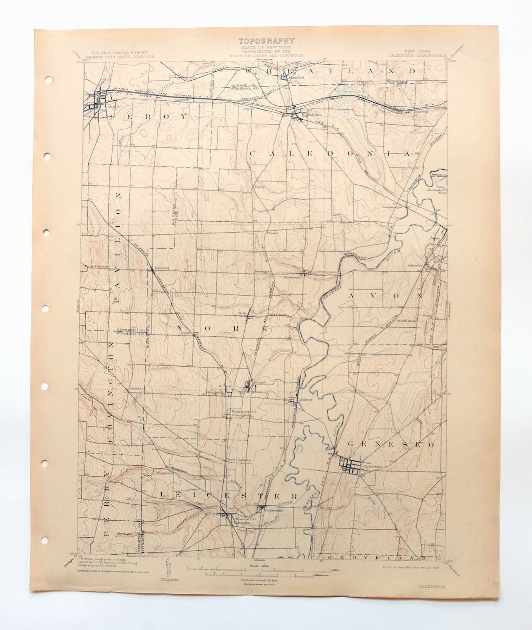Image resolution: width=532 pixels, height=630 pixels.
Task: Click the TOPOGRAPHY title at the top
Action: click(x=266, y=41)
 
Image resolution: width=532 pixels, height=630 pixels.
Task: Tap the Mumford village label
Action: click(x=295, y=78)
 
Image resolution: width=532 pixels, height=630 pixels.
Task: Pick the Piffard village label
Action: click(x=307, y=400)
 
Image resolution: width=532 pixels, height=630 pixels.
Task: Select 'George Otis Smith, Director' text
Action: click(x=120, y=56)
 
